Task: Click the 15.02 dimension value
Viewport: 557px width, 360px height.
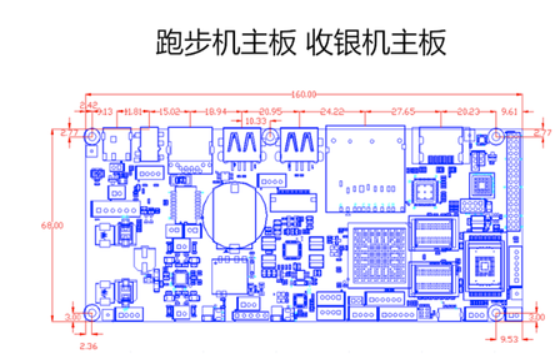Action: click(x=169, y=110)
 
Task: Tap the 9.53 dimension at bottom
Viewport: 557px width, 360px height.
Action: click(x=510, y=339)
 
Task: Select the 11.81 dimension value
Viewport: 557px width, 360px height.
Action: click(x=132, y=110)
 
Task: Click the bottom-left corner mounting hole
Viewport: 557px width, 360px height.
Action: click(x=92, y=313)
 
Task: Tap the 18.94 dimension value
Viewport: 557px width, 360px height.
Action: click(x=215, y=110)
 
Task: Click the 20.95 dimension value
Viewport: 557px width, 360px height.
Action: click(x=270, y=110)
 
